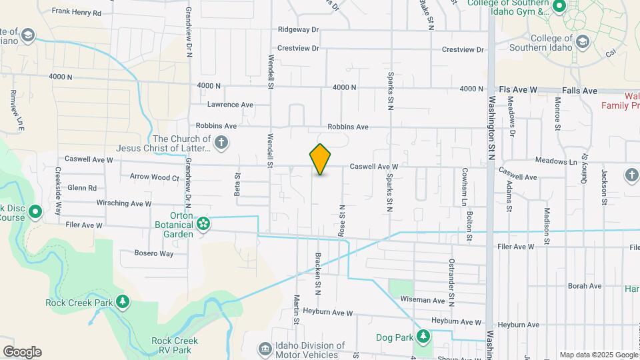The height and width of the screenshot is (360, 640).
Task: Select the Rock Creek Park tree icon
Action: pos(122,302)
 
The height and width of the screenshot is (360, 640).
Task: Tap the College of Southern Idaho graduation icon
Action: pos(582,41)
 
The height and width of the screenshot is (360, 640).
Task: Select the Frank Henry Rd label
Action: pos(76,12)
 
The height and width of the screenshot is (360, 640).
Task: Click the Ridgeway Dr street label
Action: pos(299,30)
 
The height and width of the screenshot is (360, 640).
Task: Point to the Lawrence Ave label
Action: pos(230,105)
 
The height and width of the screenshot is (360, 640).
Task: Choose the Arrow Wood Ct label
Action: pos(154,177)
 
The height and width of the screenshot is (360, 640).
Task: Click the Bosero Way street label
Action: pos(153,253)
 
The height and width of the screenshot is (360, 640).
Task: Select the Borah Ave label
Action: pos(585,286)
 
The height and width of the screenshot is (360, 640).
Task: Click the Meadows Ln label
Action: pos(556,161)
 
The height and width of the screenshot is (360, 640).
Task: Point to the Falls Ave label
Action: pos(579,90)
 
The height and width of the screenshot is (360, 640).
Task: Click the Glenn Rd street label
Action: pos(82,188)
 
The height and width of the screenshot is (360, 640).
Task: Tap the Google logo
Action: pos(22,352)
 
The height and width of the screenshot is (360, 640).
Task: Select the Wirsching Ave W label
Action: pos(124,203)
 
